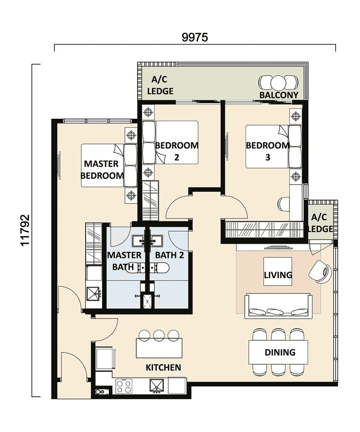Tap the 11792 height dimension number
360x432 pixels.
click(25, 230)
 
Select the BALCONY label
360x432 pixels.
click(279, 95)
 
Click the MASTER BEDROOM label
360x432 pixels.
click(102, 170)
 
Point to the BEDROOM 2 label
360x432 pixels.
click(176, 151)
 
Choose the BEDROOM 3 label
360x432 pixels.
click(268, 151)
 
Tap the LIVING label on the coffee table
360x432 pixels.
click(278, 275)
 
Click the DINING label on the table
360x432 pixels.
click(280, 352)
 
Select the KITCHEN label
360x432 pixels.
click(163, 367)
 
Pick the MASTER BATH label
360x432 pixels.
click(124, 260)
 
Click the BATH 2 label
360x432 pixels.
click(169, 255)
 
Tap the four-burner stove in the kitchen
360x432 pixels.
click(124, 386)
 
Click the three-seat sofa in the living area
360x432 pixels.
click(278, 306)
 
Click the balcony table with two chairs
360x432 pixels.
click(278, 83)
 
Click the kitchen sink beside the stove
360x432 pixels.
click(157, 386)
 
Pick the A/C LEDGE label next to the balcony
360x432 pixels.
click(160, 85)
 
